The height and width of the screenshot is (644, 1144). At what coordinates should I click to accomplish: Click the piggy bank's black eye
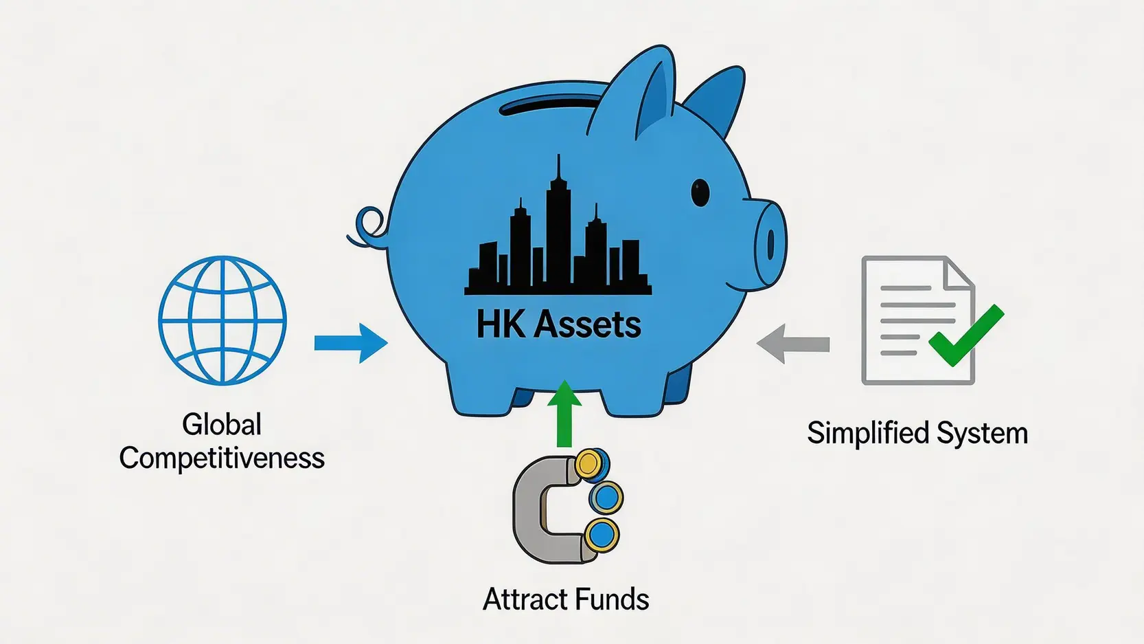coord(700,192)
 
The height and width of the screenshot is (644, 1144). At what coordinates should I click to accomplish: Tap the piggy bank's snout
coord(769,241)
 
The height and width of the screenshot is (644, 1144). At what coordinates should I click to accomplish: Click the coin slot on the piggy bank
coord(556,104)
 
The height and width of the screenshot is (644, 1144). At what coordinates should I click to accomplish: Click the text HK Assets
coord(558,324)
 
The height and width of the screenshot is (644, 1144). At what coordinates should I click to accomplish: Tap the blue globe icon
coord(222,320)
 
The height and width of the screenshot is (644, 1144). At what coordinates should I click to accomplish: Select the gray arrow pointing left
coord(793,344)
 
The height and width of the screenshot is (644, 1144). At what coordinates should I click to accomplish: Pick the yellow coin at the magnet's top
coord(589,464)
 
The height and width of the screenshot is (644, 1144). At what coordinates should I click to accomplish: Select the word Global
coord(222,425)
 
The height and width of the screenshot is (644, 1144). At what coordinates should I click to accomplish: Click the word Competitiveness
coord(222,458)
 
